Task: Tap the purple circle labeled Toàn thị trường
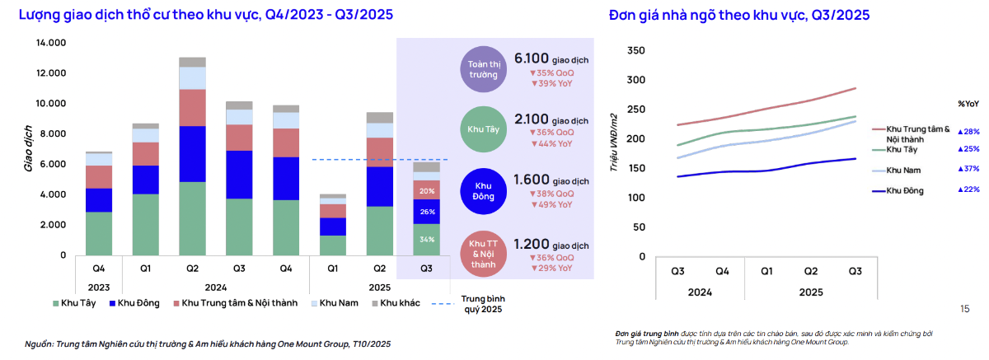click(x=484, y=69)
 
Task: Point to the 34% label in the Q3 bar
click(x=427, y=240)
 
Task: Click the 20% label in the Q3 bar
click(x=427, y=190)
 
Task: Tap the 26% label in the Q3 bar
click(x=427, y=212)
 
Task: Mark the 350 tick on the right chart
click(x=635, y=50)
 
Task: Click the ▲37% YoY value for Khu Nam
click(x=968, y=169)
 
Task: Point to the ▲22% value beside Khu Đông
click(x=968, y=190)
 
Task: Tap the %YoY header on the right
click(x=968, y=104)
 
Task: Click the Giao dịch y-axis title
click(x=27, y=148)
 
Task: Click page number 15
click(x=965, y=309)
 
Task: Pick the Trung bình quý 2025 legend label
click(x=481, y=304)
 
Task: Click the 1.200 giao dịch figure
click(x=550, y=245)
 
